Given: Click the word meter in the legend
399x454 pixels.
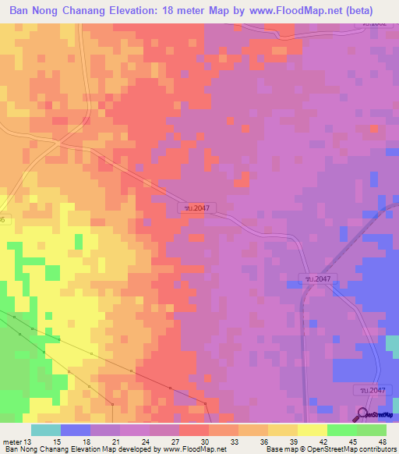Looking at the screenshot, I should click(x=12, y=441).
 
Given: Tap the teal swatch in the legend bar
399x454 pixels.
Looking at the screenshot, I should click(x=46, y=430).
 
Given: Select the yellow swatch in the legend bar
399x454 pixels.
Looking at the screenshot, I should click(x=312, y=430).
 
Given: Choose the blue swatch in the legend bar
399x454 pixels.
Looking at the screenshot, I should click(x=76, y=430).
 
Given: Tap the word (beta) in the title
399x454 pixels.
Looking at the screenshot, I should click(x=357, y=11).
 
